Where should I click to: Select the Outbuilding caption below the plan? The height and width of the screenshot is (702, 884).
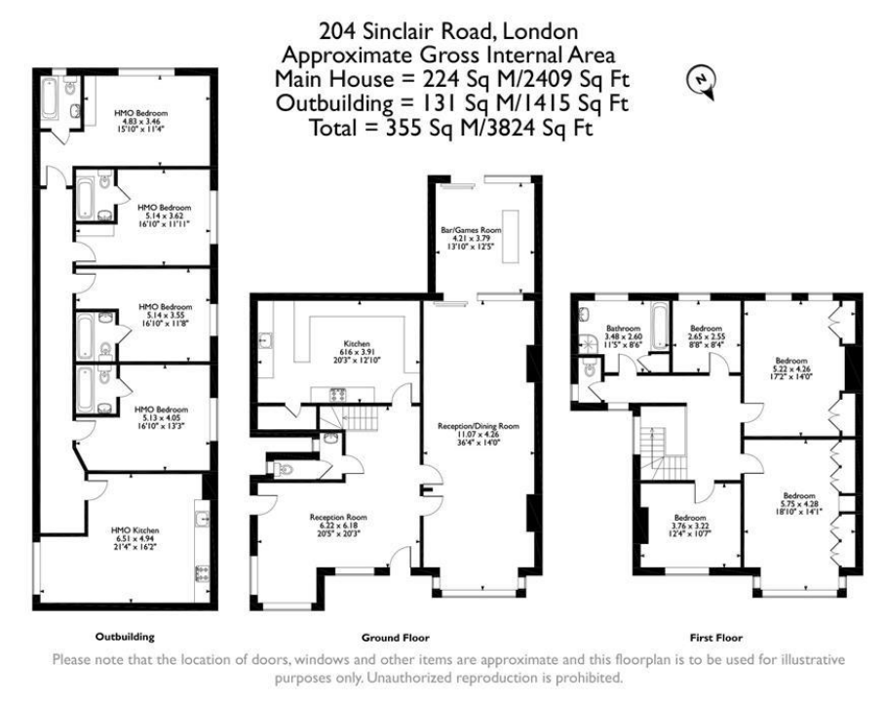[124, 637]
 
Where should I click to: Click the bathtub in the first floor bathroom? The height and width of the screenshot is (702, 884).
[659, 327]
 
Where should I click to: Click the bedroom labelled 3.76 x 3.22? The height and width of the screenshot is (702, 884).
[690, 524]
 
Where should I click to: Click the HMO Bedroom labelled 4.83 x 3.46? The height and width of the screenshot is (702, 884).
[135, 120]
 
